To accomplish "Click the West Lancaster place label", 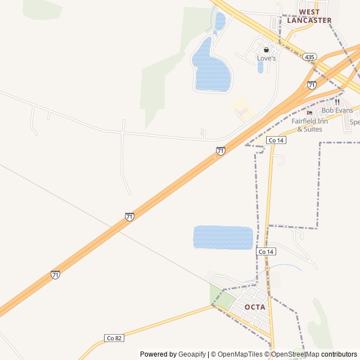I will [x=309, y=16].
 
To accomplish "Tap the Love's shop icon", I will [x=267, y=49].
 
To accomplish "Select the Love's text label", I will [x=267, y=58].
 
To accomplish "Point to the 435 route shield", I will [x=309, y=57].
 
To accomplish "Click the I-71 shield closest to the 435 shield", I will [x=312, y=85].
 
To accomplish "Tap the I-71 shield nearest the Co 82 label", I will [x=55, y=274].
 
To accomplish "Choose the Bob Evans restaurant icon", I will [x=337, y=102].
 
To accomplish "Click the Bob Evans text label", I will [x=337, y=110].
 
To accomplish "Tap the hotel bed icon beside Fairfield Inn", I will [x=309, y=112].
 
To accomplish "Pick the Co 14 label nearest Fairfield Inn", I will [x=276, y=140].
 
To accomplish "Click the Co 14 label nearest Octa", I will [x=266, y=251].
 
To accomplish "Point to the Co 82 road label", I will [x=114, y=338].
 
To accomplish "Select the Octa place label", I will [x=255, y=307].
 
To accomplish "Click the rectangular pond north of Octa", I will [x=223, y=237].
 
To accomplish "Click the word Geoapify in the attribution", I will [x=192, y=354].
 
